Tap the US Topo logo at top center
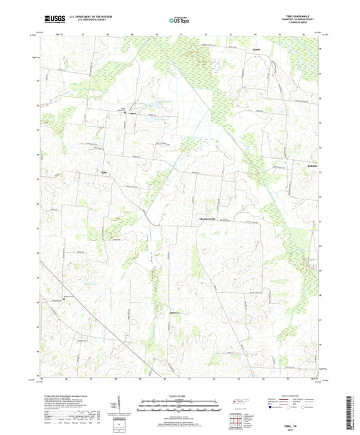tap(179, 20)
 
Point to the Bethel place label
tap(256, 50)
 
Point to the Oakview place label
tap(175, 312)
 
